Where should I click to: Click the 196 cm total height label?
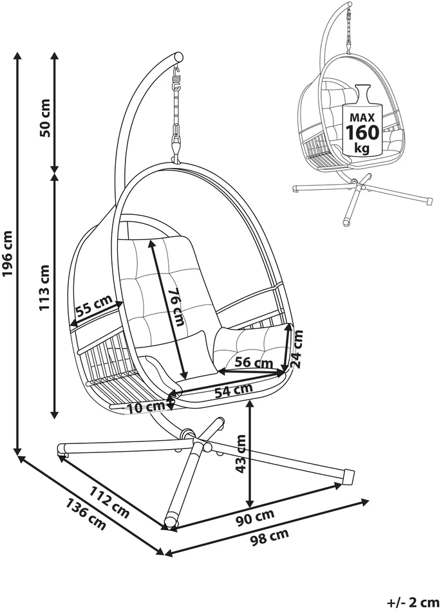8,254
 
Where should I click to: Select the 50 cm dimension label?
45,118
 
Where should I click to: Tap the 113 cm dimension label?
45,288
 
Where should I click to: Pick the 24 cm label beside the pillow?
297,349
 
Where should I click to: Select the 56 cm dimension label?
254,362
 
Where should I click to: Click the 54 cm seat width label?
234,390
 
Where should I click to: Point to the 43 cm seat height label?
241,454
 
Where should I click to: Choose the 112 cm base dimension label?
109,501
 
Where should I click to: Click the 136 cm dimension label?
86,513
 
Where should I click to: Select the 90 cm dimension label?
256,518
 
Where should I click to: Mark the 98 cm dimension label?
269,537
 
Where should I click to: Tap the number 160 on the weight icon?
362,133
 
